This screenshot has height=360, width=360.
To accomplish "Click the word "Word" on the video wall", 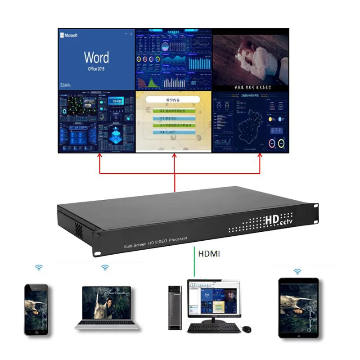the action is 96,58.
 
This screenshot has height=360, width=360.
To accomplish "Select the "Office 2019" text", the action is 96,69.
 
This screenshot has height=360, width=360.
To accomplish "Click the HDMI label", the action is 209,254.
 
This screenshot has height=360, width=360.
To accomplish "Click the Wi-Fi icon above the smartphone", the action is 39,267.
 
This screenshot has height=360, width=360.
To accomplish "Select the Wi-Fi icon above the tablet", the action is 297,271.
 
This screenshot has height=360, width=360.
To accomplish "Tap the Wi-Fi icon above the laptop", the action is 105,267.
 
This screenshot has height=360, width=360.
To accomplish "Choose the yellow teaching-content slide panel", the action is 174,122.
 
